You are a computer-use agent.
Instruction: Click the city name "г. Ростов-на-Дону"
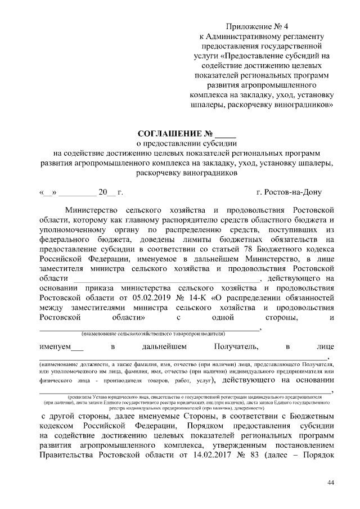point(289,192)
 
